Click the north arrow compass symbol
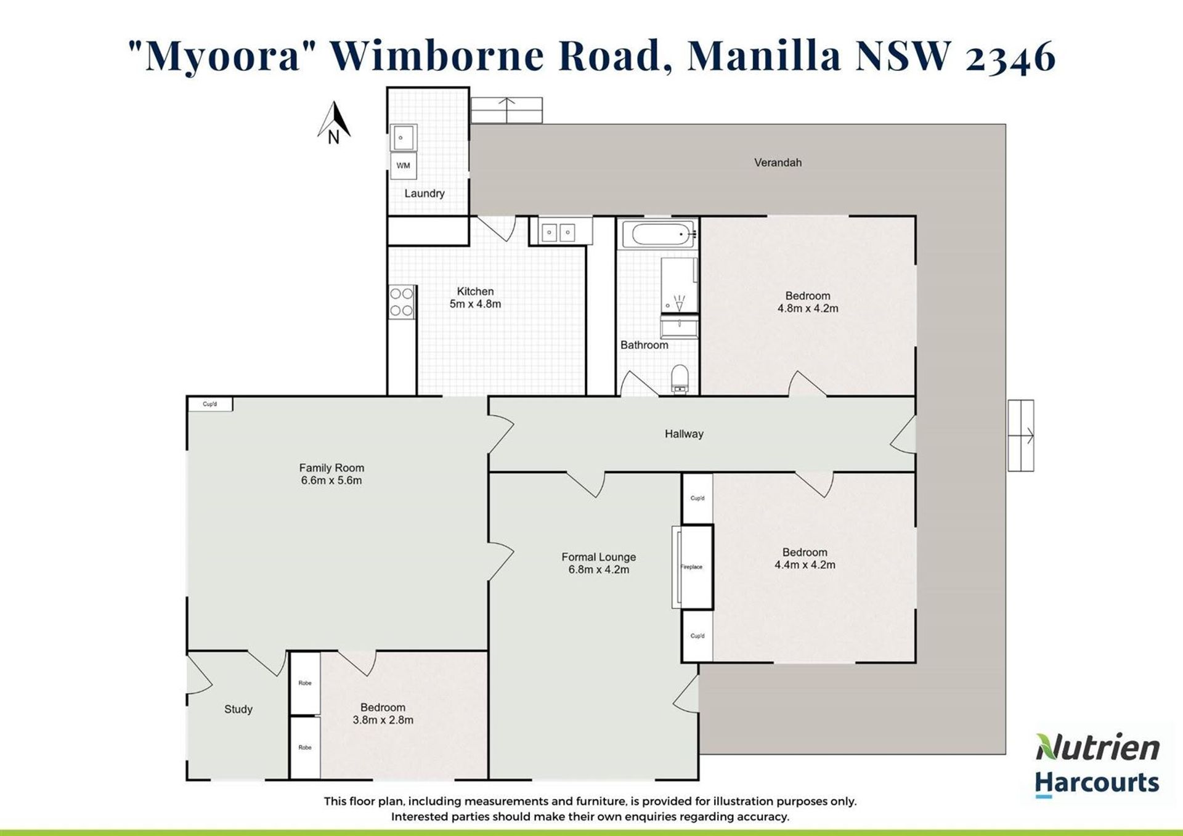pyautogui.click(x=334, y=122)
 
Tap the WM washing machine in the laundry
pyautogui.click(x=404, y=165)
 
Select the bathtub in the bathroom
pyautogui.click(x=659, y=234)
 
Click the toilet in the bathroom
pyautogui.click(x=680, y=378)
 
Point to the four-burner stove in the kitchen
pyautogui.click(x=402, y=302)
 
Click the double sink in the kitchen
pyautogui.click(x=558, y=232)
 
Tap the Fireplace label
pyautogui.click(x=691, y=567)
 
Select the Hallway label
pyautogui.click(x=684, y=434)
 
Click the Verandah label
pyautogui.click(x=778, y=163)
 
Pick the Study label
pyautogui.click(x=238, y=709)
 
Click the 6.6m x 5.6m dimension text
pyautogui.click(x=331, y=481)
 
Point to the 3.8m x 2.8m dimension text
pyautogui.click(x=383, y=720)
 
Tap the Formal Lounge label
pyautogui.click(x=598, y=557)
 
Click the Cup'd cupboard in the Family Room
pyautogui.click(x=210, y=404)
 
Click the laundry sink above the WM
pyautogui.click(x=404, y=137)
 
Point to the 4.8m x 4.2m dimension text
pyautogui.click(x=808, y=309)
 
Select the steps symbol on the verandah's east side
pyautogui.click(x=1021, y=436)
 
